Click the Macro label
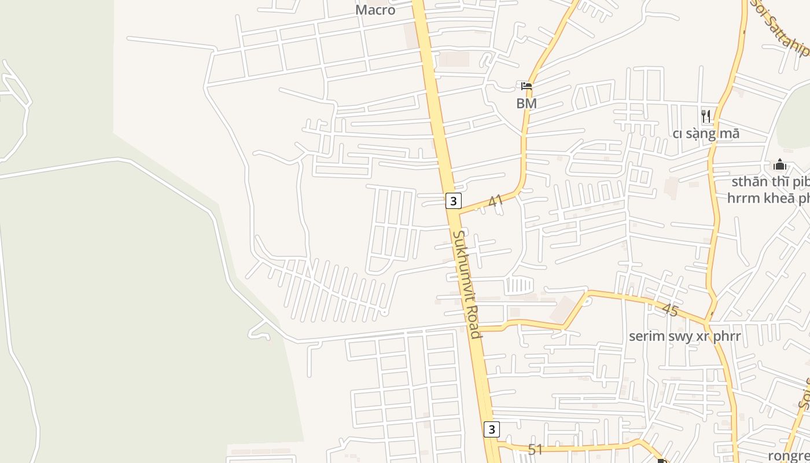click(375, 10)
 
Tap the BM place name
click(526, 104)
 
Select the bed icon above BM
click(526, 86)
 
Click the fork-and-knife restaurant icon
click(706, 116)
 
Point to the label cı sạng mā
click(706, 134)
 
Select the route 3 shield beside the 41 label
click(454, 201)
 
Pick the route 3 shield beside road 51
click(491, 429)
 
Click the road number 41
click(495, 201)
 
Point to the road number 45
click(669, 310)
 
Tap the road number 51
click(535, 449)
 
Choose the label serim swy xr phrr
click(684, 336)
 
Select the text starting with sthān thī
click(770, 182)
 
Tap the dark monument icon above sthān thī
click(780, 165)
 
